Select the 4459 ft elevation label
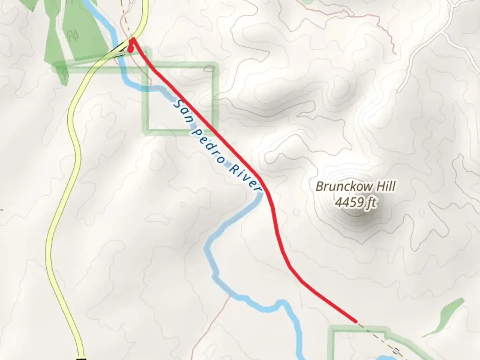click(x=355, y=202)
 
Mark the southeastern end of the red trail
click(x=356, y=321)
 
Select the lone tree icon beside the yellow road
click(x=64, y=72)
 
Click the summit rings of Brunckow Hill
click(x=356, y=213)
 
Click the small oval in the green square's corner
click(x=209, y=69)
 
